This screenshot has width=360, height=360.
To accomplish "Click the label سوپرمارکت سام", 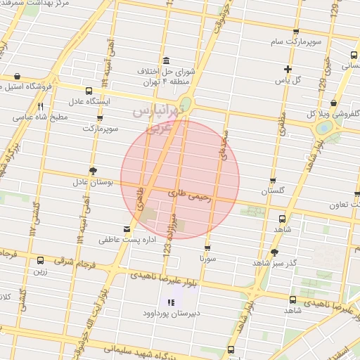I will pyautogui.click(x=297, y=42).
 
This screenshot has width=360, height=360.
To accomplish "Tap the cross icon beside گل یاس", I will pyautogui.click(x=287, y=68).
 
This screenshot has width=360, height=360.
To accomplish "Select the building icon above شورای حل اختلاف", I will pyautogui.click(x=165, y=60).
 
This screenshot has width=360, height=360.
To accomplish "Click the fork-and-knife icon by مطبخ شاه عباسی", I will pyautogui.click(x=40, y=105).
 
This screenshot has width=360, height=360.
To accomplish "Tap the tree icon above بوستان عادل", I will pyautogui.click(x=93, y=171).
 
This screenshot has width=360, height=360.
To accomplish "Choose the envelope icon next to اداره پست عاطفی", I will pyautogui.click(x=127, y=229).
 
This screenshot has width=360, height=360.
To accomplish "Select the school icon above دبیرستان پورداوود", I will pyautogui.click(x=170, y=303).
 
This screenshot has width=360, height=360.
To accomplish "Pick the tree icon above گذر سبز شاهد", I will pyautogui.click(x=274, y=252).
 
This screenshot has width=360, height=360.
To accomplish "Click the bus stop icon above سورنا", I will pyautogui.click(x=207, y=247).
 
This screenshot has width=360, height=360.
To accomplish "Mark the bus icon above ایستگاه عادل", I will pyautogui.click(x=89, y=91).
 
